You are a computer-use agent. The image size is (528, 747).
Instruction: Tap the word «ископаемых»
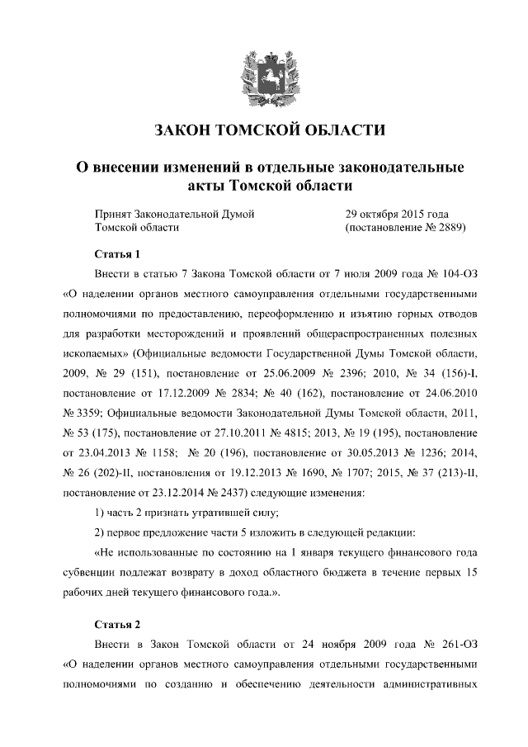click(97, 353)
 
